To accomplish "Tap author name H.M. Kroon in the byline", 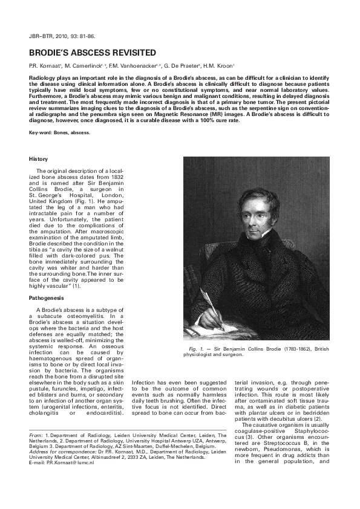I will pos(220,65).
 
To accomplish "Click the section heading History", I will pos(38,158).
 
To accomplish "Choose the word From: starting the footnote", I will pos(36,435).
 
